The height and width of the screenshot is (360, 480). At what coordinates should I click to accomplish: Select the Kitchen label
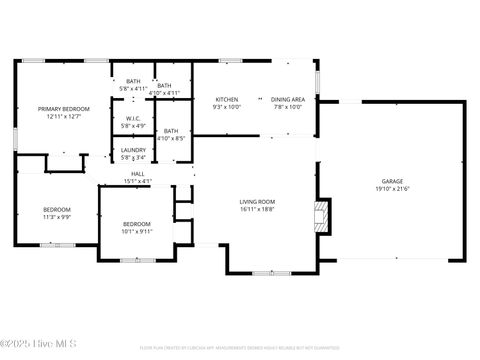click(227, 100)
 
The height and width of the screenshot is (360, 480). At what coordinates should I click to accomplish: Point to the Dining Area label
click(288, 100)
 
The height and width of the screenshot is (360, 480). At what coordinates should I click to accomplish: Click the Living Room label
click(257, 202)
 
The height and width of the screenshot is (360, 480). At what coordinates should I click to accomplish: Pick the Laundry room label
click(133, 151)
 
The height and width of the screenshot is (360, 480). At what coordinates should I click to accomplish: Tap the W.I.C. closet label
click(133, 120)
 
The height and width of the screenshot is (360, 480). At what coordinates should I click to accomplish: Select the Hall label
click(137, 175)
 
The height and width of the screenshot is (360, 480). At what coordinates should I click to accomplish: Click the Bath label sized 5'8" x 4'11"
click(133, 82)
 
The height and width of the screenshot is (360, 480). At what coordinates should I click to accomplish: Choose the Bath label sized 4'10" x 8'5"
click(171, 131)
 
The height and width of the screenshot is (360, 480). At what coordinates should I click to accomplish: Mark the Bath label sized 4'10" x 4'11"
click(164, 86)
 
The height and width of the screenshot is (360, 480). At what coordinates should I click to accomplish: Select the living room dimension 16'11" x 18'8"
click(257, 209)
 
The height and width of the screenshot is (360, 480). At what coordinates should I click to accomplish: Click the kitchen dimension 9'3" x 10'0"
click(227, 107)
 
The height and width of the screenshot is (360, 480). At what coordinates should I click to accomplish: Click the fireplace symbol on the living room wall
click(320, 216)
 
